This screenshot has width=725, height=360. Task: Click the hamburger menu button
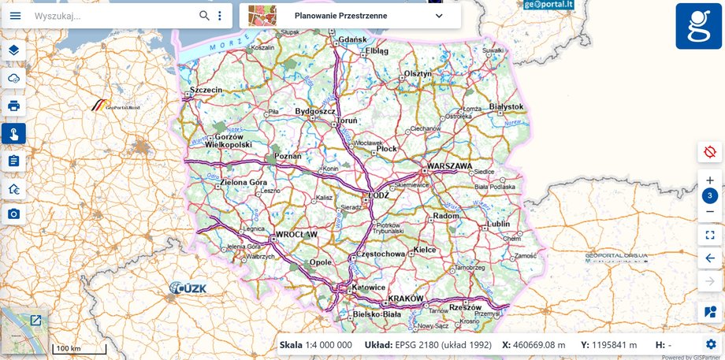coord(16,15)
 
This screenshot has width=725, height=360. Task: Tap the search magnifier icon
coord(204,15)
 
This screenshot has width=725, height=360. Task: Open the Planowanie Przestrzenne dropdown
coord(439,15)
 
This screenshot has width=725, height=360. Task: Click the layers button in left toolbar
coord(13,50)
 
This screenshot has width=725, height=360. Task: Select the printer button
coord(13,106)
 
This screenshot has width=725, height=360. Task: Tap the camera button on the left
coord(13,213)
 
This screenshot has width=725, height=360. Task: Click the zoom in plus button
coord(709,180)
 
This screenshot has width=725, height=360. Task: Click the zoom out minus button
coord(709,211)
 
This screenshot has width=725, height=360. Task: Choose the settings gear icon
coord(711,344)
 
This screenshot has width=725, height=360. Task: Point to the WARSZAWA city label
coord(449,167)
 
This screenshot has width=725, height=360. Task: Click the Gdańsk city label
coord(353,39)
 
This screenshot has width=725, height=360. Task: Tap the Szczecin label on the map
coord(207,91)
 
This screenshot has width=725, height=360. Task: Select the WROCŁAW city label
coord(296,235)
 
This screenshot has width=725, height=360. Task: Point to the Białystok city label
coord(506,106)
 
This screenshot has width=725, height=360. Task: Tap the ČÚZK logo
coord(188,288)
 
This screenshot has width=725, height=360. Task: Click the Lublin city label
coord(498,224)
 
